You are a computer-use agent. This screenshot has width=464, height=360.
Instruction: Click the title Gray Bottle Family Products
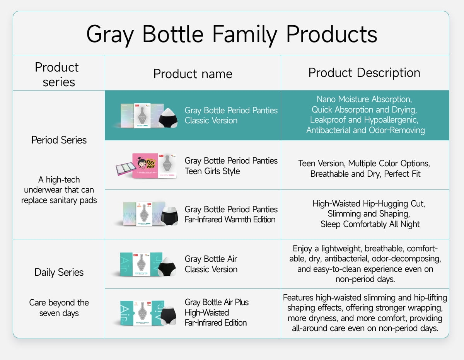click(x=232, y=34)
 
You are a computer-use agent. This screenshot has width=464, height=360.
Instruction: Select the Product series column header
click(x=57, y=75)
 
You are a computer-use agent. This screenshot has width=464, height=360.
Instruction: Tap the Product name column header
click(x=193, y=74)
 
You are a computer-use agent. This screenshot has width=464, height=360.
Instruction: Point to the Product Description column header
click(x=364, y=73)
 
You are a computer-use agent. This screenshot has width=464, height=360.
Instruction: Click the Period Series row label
click(x=59, y=140)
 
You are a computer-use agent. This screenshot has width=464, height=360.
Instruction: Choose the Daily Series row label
click(x=59, y=273)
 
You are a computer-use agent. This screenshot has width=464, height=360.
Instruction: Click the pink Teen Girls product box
click(x=145, y=165)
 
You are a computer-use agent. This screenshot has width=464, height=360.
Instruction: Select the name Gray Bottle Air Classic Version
click(x=211, y=264)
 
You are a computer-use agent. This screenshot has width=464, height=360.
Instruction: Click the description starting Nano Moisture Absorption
click(x=365, y=115)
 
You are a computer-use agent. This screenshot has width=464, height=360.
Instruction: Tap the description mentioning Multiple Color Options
click(x=364, y=169)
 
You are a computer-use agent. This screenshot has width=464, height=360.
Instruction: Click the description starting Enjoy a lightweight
click(x=365, y=264)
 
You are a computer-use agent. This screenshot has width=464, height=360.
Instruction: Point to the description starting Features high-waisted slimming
click(x=365, y=313)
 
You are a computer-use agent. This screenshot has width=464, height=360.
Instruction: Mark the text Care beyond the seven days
click(x=59, y=308)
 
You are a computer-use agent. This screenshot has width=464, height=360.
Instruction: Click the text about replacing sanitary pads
click(x=59, y=190)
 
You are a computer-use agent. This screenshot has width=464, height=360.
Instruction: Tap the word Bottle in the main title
click(x=173, y=34)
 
